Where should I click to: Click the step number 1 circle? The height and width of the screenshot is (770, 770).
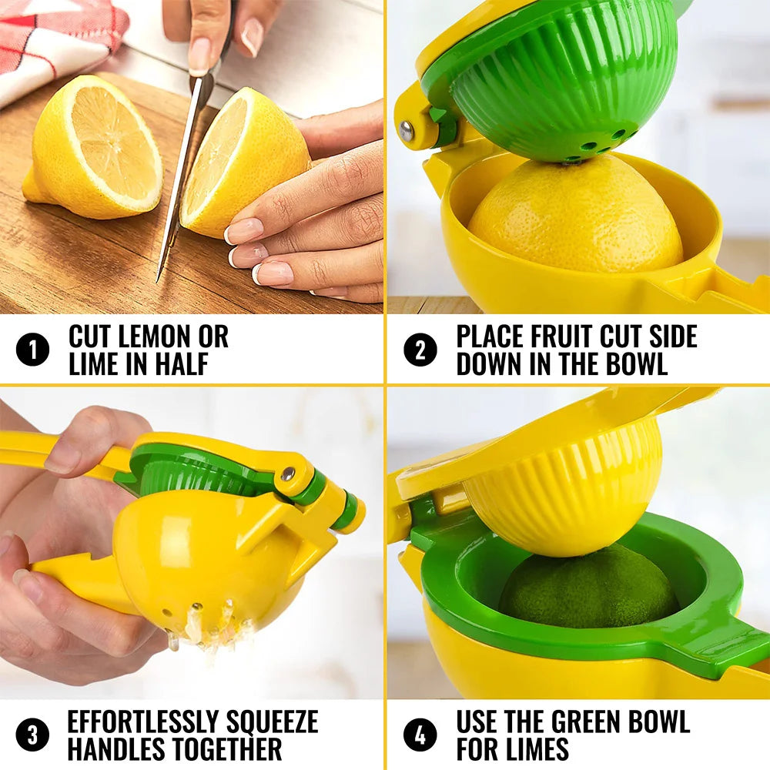tap(32, 350)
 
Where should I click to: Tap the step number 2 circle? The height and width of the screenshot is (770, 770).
tap(420, 350)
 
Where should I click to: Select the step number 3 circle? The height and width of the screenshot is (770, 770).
tap(32, 735)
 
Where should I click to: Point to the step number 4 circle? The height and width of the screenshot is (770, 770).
tap(420, 735)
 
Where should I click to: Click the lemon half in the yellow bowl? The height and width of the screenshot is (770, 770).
tap(574, 216)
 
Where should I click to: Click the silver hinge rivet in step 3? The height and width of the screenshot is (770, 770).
tap(286, 474)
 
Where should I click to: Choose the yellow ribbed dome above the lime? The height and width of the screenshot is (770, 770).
tap(562, 493)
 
